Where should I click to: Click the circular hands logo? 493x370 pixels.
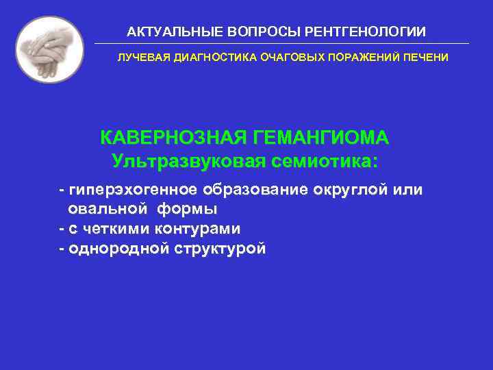pyautogui.click(x=49, y=49)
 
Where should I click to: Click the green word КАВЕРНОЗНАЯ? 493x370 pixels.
pyautogui.click(x=175, y=138)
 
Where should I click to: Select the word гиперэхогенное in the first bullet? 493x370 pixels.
pyautogui.click(x=130, y=189)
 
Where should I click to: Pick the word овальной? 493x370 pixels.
pyautogui.click(x=106, y=209)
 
